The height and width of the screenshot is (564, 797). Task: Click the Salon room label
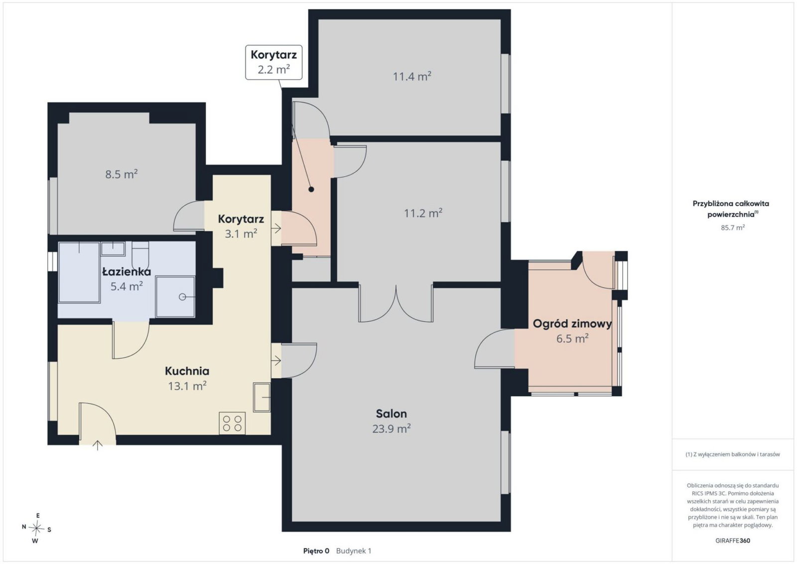pyautogui.click(x=391, y=414)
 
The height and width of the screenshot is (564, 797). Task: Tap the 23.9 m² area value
pyautogui.click(x=392, y=429)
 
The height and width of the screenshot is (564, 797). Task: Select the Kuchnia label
pyautogui.click(x=187, y=371)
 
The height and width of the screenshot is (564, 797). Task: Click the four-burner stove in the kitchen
pyautogui.click(x=232, y=423)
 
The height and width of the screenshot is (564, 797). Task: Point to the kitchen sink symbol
pyautogui.click(x=262, y=398)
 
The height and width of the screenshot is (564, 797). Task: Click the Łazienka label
pyautogui.click(x=127, y=272)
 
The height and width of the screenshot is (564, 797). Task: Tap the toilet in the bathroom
pyautogui.click(x=140, y=256)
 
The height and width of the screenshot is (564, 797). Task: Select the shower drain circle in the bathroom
pyautogui.click(x=182, y=297)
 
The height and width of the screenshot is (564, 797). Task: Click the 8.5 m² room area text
pyautogui.click(x=122, y=174)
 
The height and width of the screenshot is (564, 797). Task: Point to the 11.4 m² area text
pyautogui.click(x=412, y=77)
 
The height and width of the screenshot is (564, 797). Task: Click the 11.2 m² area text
pyautogui.click(x=423, y=213)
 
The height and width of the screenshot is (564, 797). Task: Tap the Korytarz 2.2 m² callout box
pyautogui.click(x=273, y=62)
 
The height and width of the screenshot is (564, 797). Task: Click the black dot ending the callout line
pyautogui.click(x=311, y=189)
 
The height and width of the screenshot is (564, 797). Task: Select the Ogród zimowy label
pyautogui.click(x=572, y=324)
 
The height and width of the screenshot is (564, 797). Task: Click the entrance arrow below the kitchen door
pyautogui.click(x=98, y=445)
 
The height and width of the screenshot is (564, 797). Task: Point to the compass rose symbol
pyautogui.click(x=36, y=529)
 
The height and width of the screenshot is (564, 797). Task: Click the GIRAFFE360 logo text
pyautogui.click(x=733, y=541)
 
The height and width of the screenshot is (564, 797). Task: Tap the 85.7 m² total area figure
pyautogui.click(x=733, y=227)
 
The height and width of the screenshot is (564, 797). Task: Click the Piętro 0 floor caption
pyautogui.click(x=316, y=551)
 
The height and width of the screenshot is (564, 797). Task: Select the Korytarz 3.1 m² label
pyautogui.click(x=241, y=226)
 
